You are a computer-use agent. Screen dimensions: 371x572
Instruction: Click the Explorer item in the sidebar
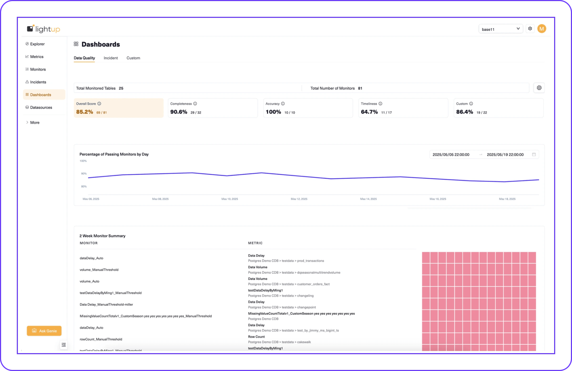click(x=37, y=44)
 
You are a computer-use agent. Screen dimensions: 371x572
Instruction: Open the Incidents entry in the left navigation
click(x=38, y=82)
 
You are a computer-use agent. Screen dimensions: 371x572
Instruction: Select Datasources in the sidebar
click(x=41, y=107)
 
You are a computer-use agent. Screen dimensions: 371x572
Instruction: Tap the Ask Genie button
click(x=44, y=331)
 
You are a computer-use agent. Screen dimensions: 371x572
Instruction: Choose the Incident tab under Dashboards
click(x=111, y=58)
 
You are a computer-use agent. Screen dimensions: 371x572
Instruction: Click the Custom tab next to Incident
click(x=133, y=58)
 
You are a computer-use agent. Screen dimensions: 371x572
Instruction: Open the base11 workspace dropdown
click(x=500, y=29)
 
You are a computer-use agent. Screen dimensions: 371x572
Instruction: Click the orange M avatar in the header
click(x=542, y=29)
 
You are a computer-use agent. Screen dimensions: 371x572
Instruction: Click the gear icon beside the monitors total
click(x=539, y=88)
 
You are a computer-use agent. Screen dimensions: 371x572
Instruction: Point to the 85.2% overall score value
click(x=84, y=112)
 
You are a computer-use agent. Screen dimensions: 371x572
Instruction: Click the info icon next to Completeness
click(x=195, y=104)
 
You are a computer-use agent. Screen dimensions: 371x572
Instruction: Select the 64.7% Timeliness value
click(x=369, y=112)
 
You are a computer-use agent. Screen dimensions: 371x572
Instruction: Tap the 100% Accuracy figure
click(x=273, y=112)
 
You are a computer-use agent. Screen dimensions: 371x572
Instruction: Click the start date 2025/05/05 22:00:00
click(x=451, y=155)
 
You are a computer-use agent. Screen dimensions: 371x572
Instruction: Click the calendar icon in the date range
click(x=534, y=154)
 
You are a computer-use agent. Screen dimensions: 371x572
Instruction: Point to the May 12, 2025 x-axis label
click(x=299, y=199)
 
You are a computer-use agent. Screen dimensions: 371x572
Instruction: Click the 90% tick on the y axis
click(x=84, y=174)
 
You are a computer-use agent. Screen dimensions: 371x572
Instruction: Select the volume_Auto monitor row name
click(x=89, y=281)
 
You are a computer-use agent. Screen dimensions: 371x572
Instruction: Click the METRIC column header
click(x=255, y=243)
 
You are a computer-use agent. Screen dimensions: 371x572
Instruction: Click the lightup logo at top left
click(x=43, y=29)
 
